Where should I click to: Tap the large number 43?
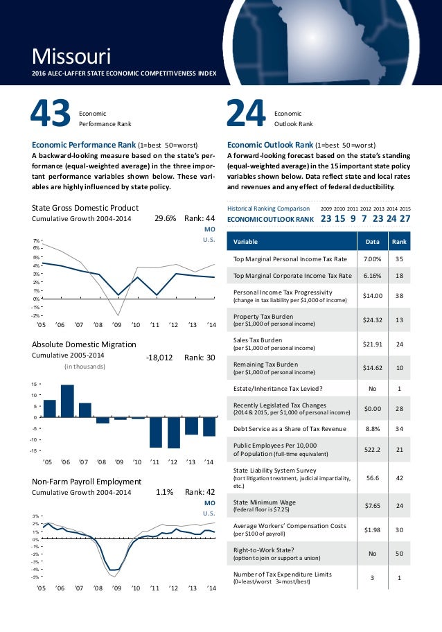[x=50, y=116]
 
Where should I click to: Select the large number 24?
[x=246, y=116]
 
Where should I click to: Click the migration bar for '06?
[x=67, y=401]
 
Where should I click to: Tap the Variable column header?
[x=246, y=242]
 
